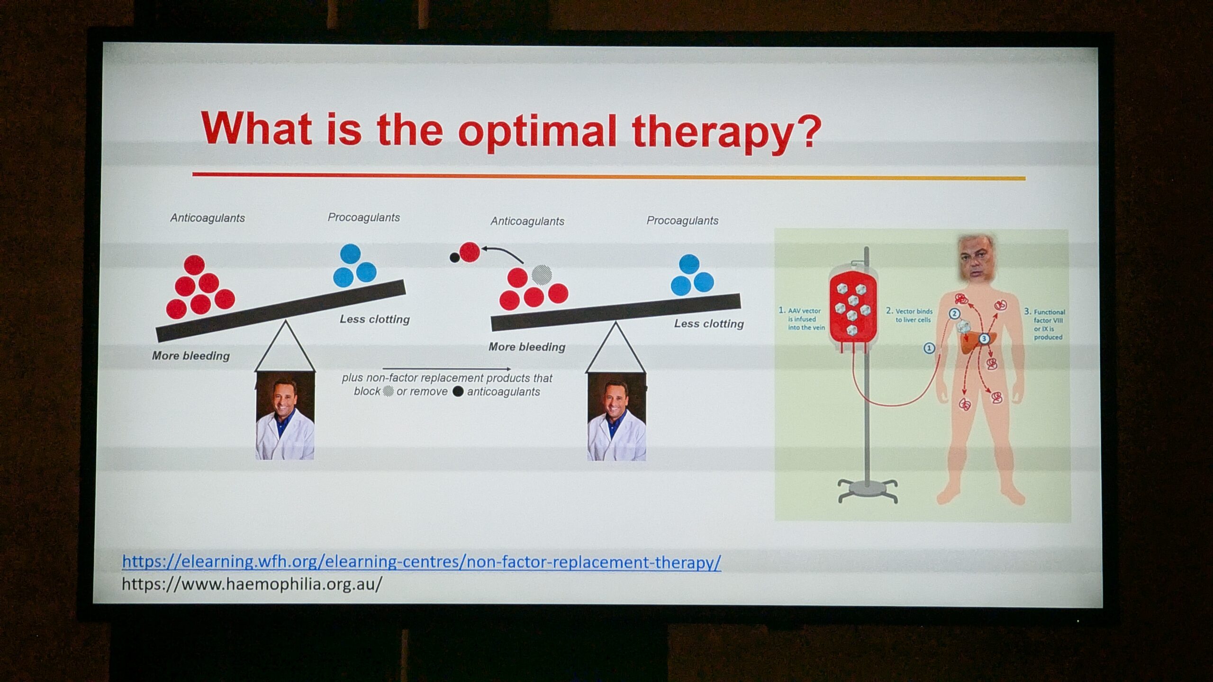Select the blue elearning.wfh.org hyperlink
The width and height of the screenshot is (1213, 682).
[422, 562]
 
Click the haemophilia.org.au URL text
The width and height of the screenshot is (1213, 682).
[252, 584]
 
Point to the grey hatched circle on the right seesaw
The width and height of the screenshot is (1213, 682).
[542, 274]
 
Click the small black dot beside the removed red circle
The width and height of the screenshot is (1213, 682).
[454, 257]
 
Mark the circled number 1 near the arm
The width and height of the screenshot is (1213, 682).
[929, 348]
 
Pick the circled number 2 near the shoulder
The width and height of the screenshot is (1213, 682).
[954, 314]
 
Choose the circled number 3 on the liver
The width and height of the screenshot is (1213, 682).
[984, 339]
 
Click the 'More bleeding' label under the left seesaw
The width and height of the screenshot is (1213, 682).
[190, 356]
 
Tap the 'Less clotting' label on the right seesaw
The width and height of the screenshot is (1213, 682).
[709, 323]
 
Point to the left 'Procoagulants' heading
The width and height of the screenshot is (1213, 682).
[363, 217]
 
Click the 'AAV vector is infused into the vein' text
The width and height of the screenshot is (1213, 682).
[802, 319]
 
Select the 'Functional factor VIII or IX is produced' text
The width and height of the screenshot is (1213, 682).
[1044, 324]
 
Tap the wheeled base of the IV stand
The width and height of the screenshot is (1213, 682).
[868, 490]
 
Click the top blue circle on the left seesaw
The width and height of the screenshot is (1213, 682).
[350, 254]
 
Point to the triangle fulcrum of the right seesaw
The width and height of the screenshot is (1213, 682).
[616, 347]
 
